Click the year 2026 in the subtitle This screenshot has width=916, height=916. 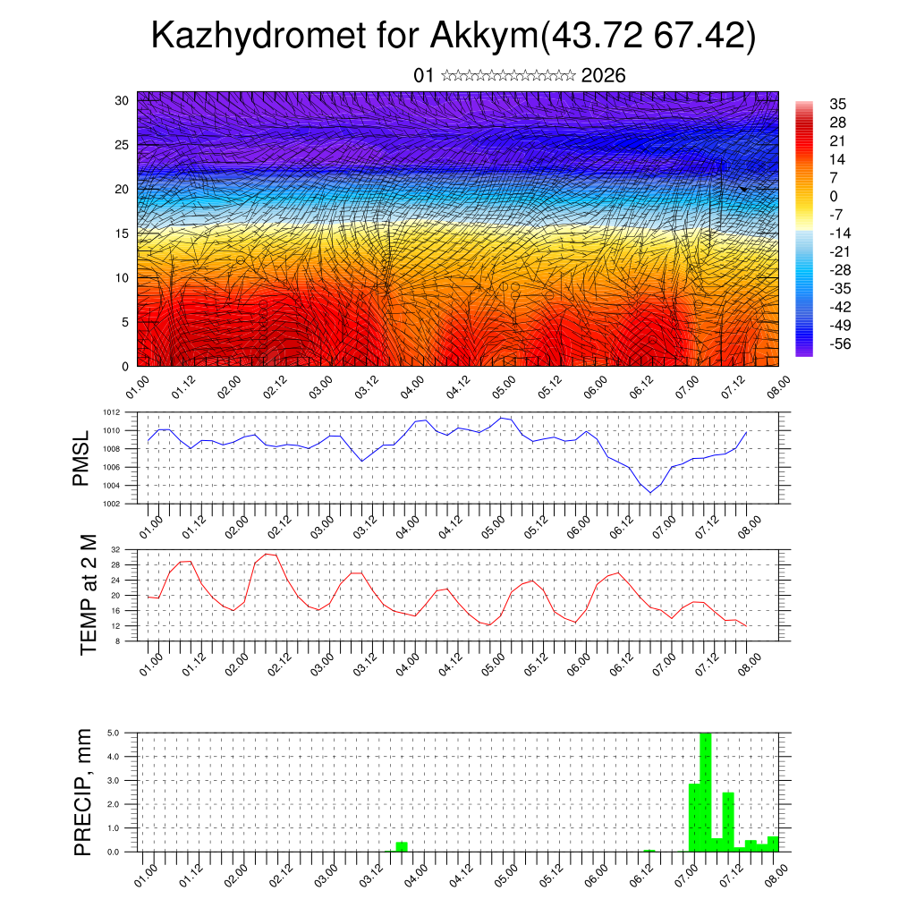point(603,76)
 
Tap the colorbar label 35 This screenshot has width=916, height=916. point(838,104)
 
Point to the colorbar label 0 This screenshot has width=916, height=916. point(834,196)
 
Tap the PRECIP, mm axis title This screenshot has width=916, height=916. point(83,792)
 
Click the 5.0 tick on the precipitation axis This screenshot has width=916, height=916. point(114,733)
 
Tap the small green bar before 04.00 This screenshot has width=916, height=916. point(402,846)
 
